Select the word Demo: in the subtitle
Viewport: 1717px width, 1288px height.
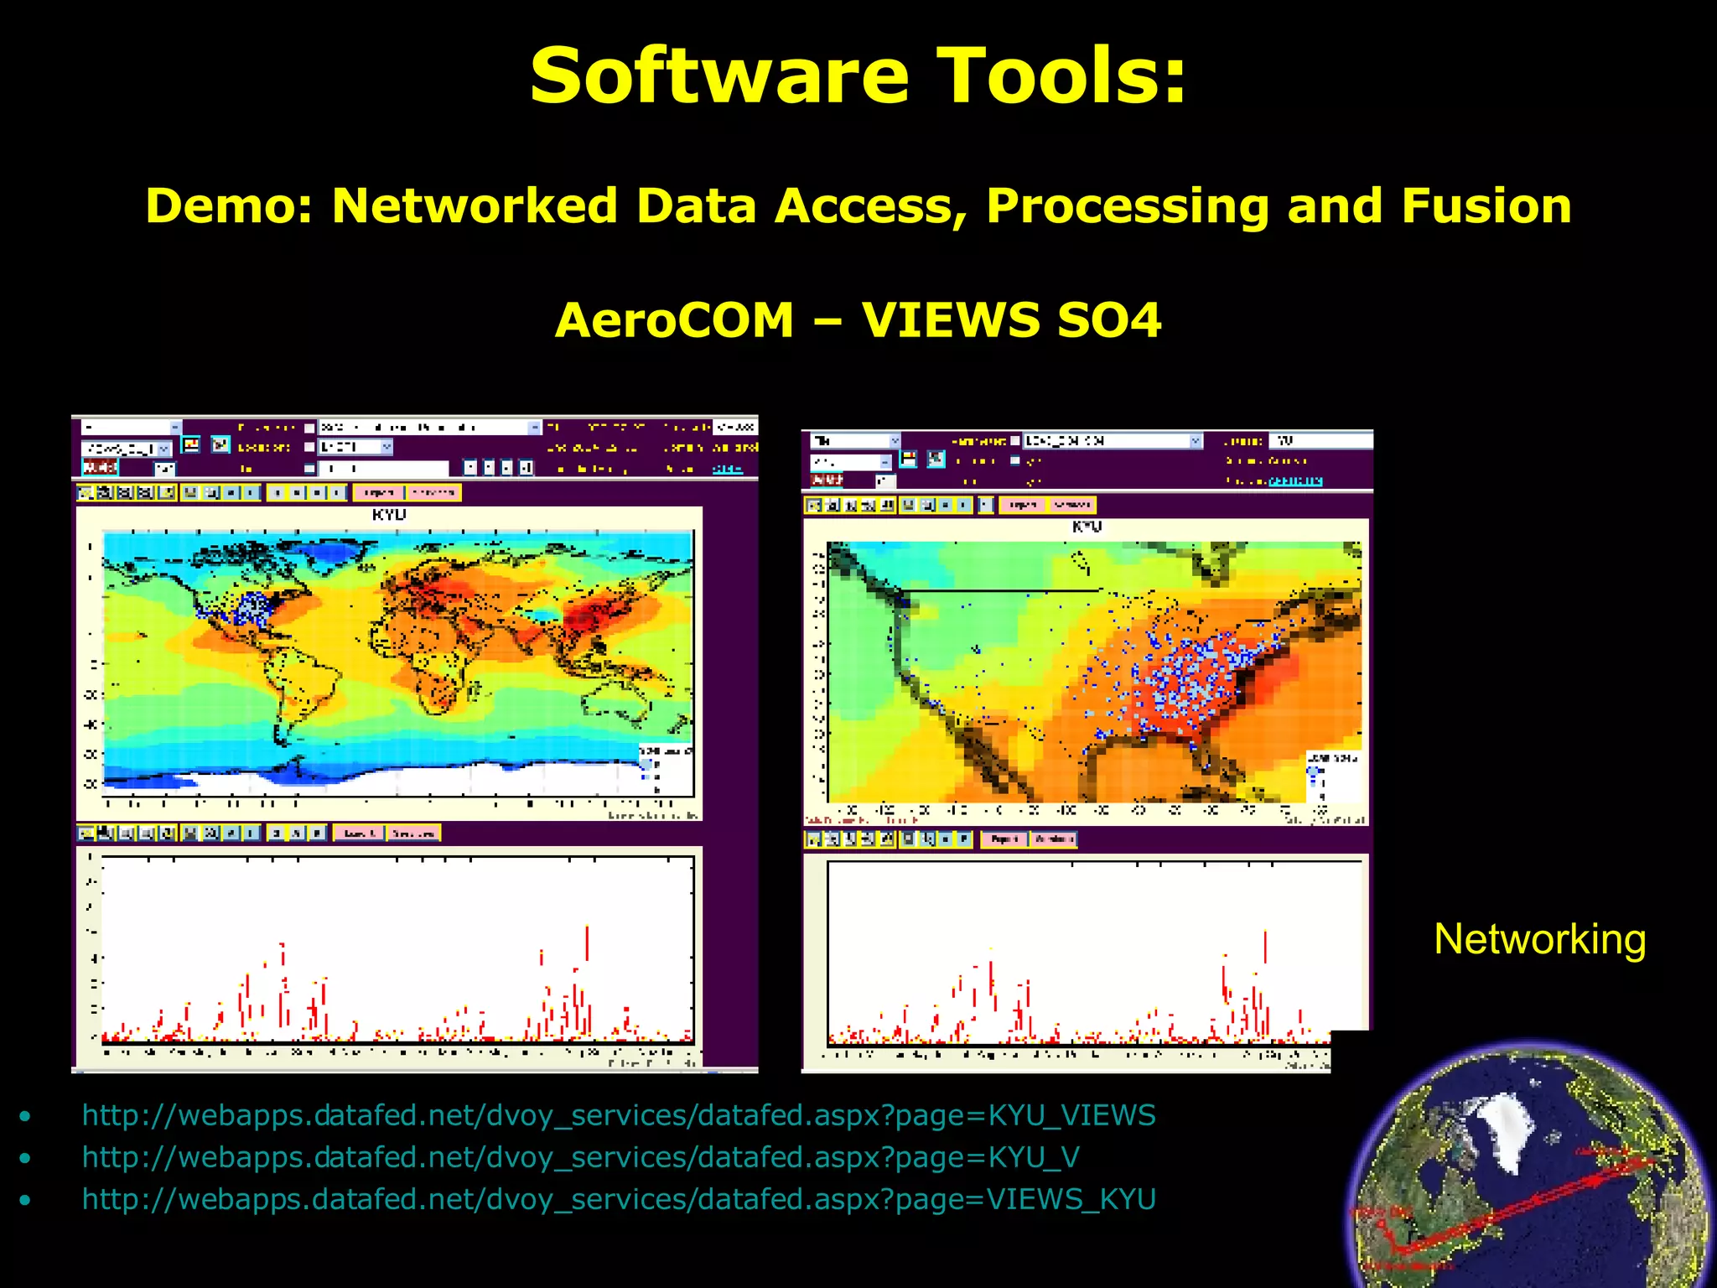[229, 206]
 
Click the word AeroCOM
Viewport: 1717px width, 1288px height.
[674, 320]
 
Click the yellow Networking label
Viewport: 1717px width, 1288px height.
[1539, 939]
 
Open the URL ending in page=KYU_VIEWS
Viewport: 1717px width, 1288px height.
[619, 1115]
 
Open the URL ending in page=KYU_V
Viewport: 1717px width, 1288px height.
[580, 1157]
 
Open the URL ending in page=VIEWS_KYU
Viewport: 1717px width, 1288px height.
[619, 1199]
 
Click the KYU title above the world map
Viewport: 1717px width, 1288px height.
[389, 514]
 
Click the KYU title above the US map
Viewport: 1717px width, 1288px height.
[1087, 527]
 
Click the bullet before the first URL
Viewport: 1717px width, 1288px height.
[26, 1116]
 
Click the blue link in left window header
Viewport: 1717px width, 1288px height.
[727, 469]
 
